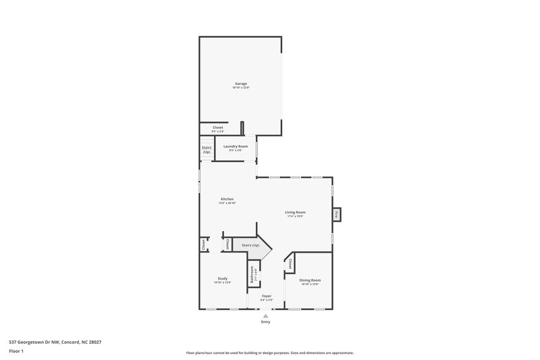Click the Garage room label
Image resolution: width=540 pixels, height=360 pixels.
(x=240, y=84)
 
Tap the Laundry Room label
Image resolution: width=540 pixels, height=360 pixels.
(x=236, y=147)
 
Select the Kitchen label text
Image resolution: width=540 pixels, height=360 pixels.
(x=227, y=199)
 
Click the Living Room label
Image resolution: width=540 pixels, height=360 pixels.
(x=295, y=212)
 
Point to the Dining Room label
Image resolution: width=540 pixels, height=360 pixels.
(x=310, y=280)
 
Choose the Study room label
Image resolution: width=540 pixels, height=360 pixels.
(x=222, y=278)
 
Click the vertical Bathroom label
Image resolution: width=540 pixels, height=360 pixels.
(x=252, y=276)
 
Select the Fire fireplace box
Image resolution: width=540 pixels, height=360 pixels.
(x=335, y=215)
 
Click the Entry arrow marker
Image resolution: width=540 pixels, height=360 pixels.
(x=266, y=315)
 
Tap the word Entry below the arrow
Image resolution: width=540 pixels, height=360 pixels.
(x=266, y=322)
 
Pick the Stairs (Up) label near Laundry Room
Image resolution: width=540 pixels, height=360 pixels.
(x=207, y=149)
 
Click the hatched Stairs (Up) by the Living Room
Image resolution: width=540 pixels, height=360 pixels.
(x=246, y=245)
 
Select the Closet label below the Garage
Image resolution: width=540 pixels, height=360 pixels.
(x=218, y=127)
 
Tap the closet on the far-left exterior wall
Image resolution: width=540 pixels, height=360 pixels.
(x=203, y=245)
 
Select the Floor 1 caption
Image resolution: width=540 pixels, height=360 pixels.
(x=17, y=351)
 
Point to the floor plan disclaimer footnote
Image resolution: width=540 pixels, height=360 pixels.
(x=269, y=353)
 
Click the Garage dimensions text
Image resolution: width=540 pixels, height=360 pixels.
(x=241, y=88)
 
